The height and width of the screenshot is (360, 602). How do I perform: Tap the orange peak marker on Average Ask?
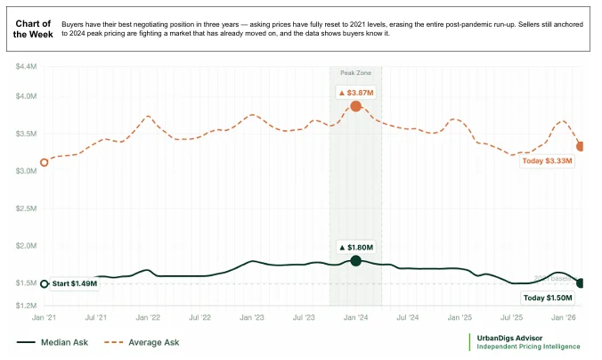point(356,106)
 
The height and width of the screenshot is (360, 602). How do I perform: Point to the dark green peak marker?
point(356,260)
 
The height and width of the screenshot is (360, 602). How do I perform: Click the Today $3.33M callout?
point(549,161)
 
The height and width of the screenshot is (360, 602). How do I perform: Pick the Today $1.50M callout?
point(548,298)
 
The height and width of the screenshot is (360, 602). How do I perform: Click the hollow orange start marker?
point(45,162)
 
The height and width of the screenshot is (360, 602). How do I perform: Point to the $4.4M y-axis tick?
point(27,67)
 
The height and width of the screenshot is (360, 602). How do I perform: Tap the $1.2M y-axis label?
point(27,305)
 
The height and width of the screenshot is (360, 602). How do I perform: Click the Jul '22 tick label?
point(199,317)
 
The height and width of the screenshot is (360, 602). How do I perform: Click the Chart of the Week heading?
point(33,28)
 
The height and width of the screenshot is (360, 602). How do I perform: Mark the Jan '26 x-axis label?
point(564,317)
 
